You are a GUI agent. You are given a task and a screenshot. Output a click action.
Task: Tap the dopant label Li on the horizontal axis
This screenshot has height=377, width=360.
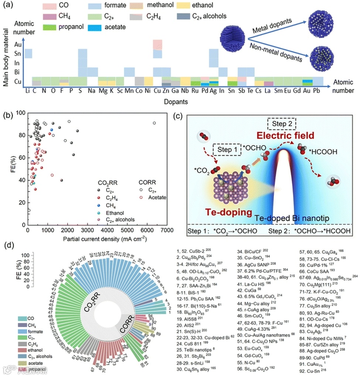[x=27, y=90]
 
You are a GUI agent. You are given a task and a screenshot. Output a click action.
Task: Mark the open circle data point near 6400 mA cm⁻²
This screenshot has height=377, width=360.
[x=154, y=123]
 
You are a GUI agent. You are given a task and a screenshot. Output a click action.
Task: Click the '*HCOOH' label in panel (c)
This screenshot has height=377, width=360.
[x=325, y=151]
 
